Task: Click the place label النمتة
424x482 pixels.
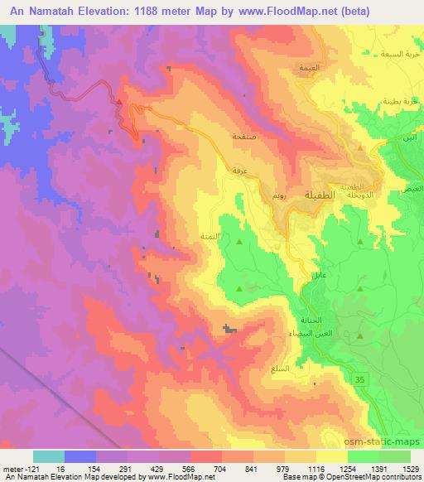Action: [x=209, y=236]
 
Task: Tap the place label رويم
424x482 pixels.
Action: [x=280, y=199]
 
